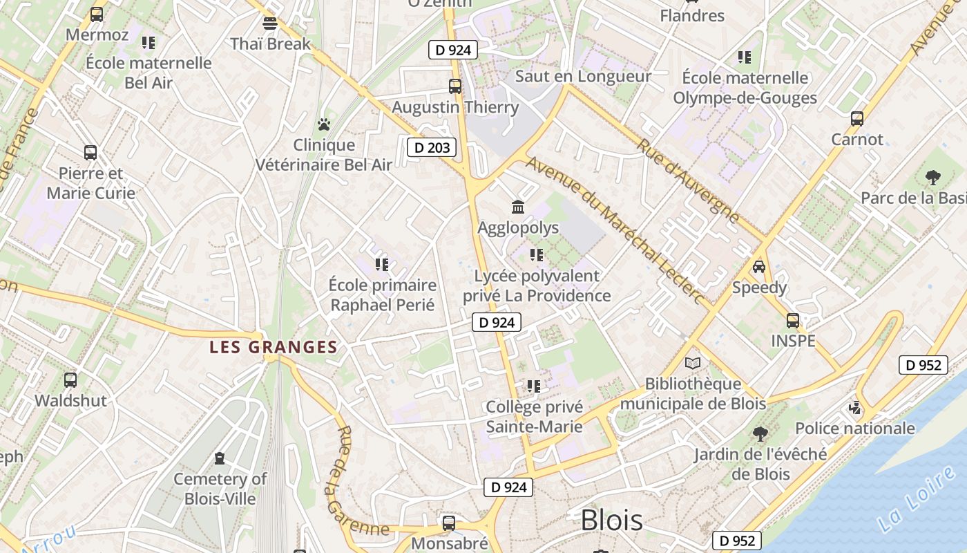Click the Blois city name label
coord(611,521)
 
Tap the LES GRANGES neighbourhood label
coord(274,347)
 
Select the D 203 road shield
coord(431,147)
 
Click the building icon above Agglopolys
coord(518,207)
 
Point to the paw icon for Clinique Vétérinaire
coord(324,124)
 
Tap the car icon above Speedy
coord(759,267)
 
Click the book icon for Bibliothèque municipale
coord(693,363)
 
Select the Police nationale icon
coord(855,408)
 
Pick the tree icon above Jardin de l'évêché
coord(760,434)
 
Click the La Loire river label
coord(917,499)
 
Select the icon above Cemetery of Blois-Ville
coord(220,458)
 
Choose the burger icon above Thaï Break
coord(270,23)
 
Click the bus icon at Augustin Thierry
coord(455,86)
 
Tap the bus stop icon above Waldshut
coord(70,379)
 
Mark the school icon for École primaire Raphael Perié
coord(382,264)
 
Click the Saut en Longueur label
coord(583,76)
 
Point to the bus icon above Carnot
coord(857,118)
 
